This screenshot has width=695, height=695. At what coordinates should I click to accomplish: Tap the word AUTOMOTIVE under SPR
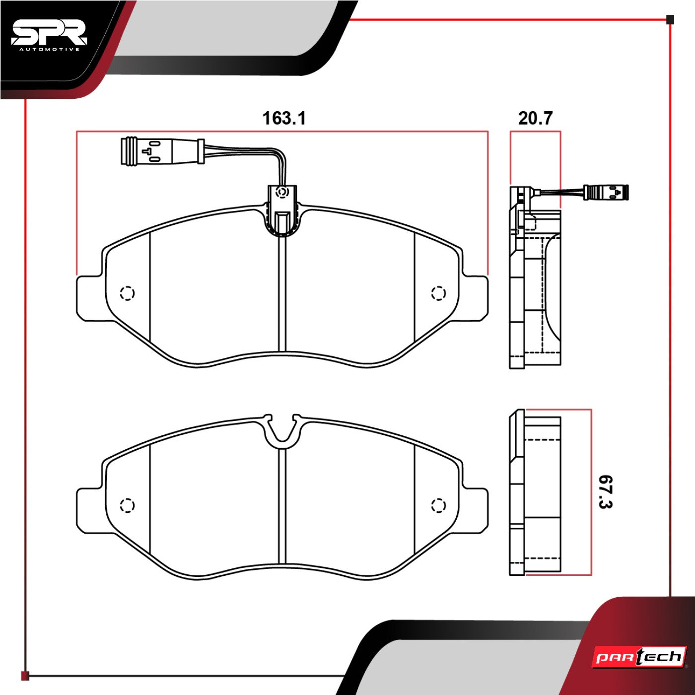click(50, 50)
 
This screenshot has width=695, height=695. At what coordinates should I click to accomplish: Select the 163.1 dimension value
click(284, 118)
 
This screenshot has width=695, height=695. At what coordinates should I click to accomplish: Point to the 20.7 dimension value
click(535, 118)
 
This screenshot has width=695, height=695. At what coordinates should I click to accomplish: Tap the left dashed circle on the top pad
click(127, 293)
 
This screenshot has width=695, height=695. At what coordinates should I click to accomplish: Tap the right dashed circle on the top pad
click(438, 293)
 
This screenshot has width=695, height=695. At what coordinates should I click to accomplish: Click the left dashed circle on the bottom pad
click(127, 505)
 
